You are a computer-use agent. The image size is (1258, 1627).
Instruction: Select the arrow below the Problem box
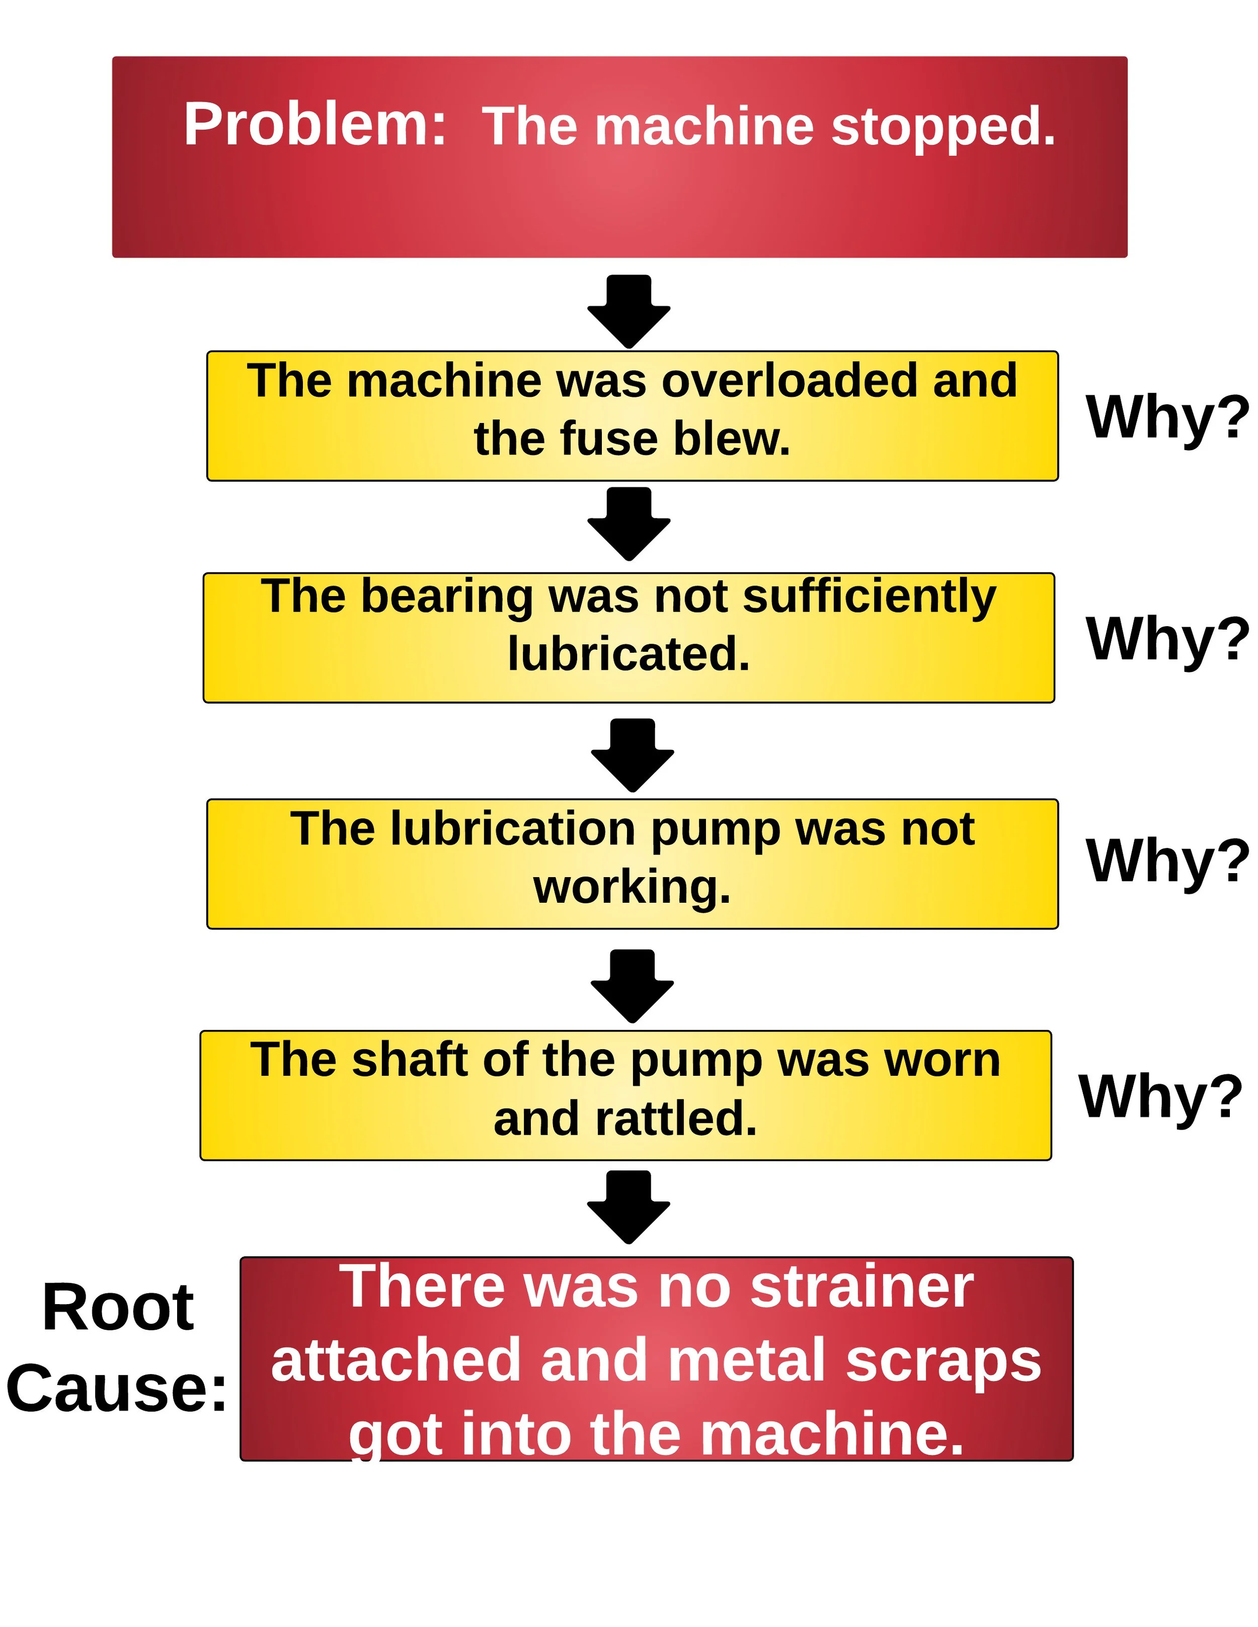coord(628,310)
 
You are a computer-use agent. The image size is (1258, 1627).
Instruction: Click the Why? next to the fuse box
coord(1167,416)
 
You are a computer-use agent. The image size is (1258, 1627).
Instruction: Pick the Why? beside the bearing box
coord(1167,638)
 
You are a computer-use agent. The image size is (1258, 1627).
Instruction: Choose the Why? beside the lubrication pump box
coord(1167,861)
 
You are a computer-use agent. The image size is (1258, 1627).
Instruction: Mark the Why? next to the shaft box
coord(1160,1096)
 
